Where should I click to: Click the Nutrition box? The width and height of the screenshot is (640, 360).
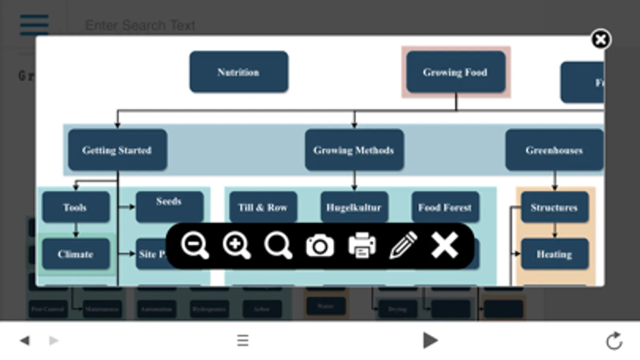pyautogui.click(x=239, y=72)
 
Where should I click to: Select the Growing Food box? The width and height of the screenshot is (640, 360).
pyautogui.click(x=455, y=72)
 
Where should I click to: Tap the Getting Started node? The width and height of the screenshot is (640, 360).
pyautogui.click(x=117, y=150)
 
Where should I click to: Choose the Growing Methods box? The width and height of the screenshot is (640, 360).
pyautogui.click(x=354, y=150)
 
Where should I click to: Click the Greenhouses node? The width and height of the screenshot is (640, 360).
pyautogui.click(x=554, y=150)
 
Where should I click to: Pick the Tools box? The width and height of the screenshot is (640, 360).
pyautogui.click(x=75, y=207)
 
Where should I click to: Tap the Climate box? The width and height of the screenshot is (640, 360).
pyautogui.click(x=75, y=254)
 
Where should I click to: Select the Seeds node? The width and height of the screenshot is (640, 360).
pyautogui.click(x=169, y=206)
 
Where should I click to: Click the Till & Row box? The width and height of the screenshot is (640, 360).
pyautogui.click(x=263, y=207)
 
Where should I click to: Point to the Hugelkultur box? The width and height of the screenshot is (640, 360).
pyautogui.click(x=354, y=207)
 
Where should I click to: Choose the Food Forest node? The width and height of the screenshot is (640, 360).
pyautogui.click(x=445, y=207)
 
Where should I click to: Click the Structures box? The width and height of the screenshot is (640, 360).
pyautogui.click(x=554, y=207)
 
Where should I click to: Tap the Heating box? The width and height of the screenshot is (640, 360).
pyautogui.click(x=554, y=254)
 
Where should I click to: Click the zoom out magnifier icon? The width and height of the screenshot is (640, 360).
pyautogui.click(x=195, y=245)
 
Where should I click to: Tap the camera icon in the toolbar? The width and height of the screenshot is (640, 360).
pyautogui.click(x=320, y=245)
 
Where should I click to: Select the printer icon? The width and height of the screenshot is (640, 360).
pyautogui.click(x=362, y=245)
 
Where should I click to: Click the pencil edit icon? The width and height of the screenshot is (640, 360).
pyautogui.click(x=403, y=245)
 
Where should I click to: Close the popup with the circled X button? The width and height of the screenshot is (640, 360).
pyautogui.click(x=600, y=40)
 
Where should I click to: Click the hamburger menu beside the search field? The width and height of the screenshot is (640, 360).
pyautogui.click(x=34, y=25)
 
